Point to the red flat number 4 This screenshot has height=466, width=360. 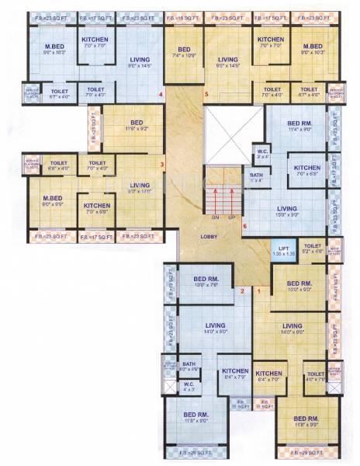click(161, 95)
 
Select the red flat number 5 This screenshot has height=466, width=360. click(207, 95)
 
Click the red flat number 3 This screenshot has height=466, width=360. click(161, 164)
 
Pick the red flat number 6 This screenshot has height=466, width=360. click(244, 227)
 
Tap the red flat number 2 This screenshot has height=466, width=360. click(242, 291)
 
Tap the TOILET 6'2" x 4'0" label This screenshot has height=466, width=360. click(312, 249)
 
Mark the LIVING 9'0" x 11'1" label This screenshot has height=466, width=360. click(140, 189)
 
